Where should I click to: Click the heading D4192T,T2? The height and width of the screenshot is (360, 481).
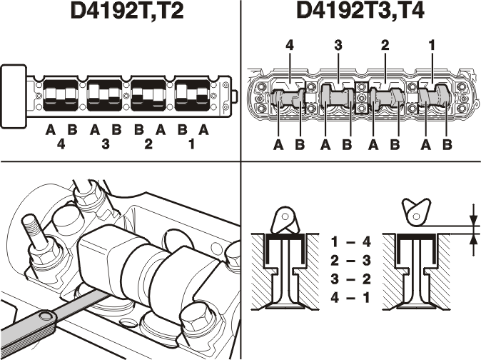127,11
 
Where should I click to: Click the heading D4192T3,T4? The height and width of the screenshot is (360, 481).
361,11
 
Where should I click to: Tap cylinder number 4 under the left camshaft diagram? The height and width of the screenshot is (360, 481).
61,144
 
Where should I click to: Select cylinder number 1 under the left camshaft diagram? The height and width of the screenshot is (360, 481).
192,144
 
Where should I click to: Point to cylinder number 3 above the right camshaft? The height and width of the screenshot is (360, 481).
338,45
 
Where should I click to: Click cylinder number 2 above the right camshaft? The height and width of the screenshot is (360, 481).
385,45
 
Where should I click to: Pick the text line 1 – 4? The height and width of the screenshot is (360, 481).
350,242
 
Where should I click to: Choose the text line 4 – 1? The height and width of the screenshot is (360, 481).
350,297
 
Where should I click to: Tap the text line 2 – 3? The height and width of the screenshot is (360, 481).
350,261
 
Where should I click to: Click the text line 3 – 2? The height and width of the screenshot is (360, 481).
350,279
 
